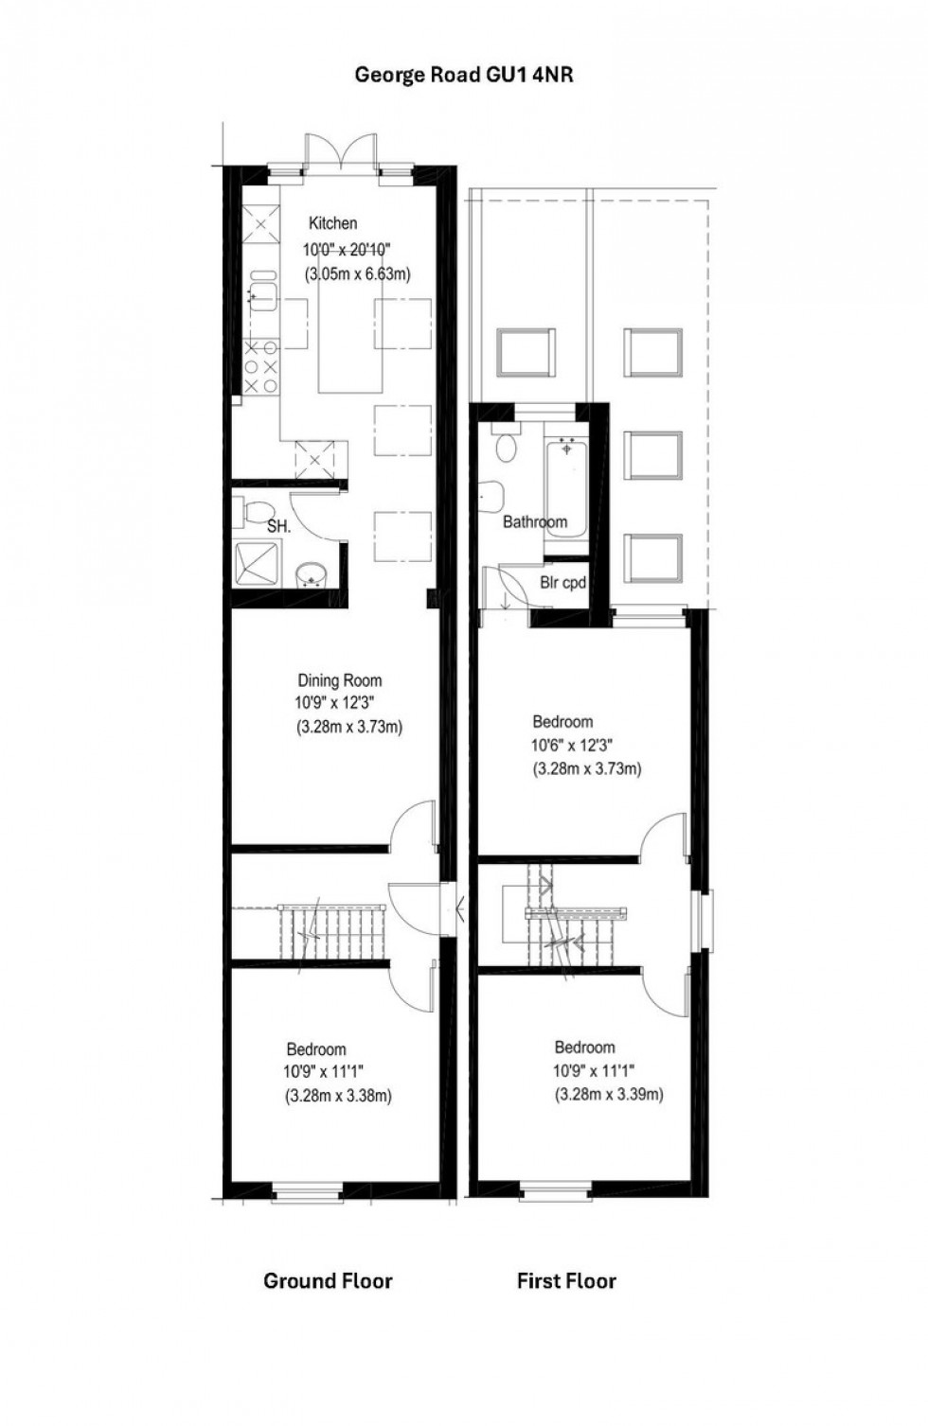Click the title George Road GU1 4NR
coord(464,75)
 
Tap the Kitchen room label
coord(333,223)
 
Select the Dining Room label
coord(340,679)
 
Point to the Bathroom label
coord(535,521)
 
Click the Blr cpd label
coord(562,583)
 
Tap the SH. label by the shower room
coord(278,527)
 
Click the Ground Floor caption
coord(328,1281)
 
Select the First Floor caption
coord(566,1281)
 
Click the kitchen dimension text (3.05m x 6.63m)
coord(359,274)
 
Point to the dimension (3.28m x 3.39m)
coord(608,1094)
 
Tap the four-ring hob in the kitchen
coord(261,366)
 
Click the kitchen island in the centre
coord(350,346)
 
